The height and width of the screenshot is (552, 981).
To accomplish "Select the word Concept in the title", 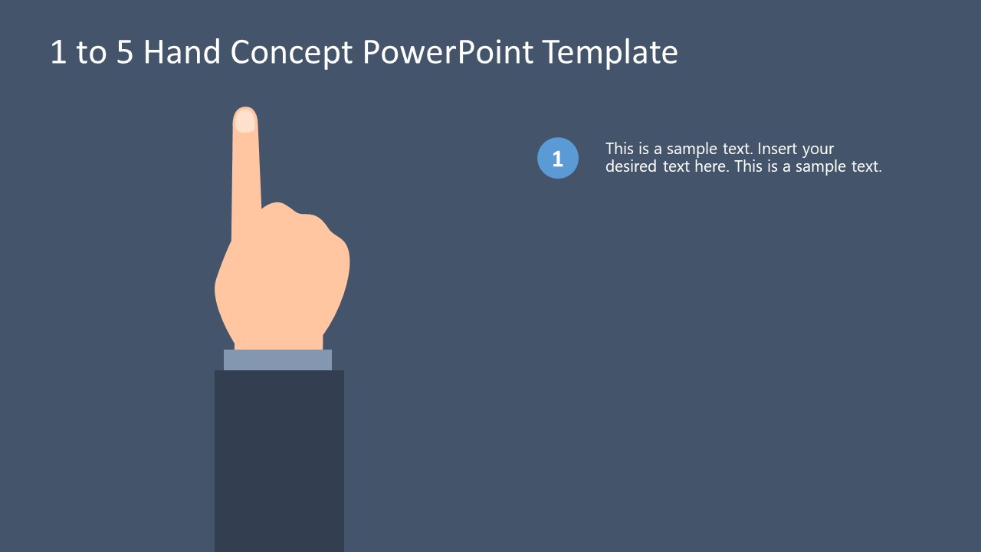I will pos(291,52).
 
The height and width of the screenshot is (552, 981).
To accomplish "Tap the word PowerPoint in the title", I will pos(448,52).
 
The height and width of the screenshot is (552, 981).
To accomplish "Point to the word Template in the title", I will pos(610,52).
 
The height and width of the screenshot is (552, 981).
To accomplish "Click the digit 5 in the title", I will pos(125,52).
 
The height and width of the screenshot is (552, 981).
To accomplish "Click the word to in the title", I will pos(91,52).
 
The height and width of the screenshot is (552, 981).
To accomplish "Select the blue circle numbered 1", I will pos(558,158).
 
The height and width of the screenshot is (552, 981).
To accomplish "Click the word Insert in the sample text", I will pos(778,149).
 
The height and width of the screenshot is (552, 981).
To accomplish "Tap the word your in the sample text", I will pos(818,149).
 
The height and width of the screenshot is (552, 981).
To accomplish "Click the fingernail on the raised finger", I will pos(244,121).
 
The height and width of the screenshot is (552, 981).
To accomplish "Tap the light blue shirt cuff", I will pos(277,360).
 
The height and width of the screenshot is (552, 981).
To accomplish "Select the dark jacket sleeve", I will pos(279,460).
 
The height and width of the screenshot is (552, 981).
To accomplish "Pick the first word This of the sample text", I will pos(619,149).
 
